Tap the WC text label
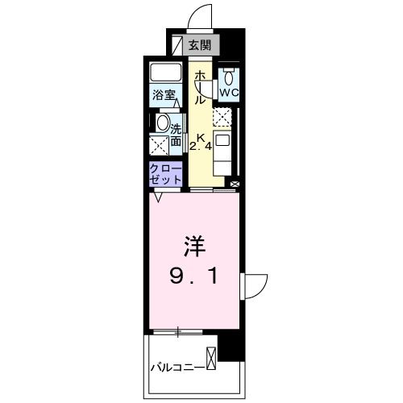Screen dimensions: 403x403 pyautogui.click(x=229, y=93)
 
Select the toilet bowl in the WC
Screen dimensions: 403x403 pyautogui.click(x=229, y=77)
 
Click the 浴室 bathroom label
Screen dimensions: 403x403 pyautogui.click(x=164, y=95)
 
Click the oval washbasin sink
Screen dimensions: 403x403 pyautogui.click(x=162, y=124)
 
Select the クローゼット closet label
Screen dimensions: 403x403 pyautogui.click(x=164, y=173)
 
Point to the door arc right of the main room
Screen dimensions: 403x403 pyautogui.click(x=256, y=285)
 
